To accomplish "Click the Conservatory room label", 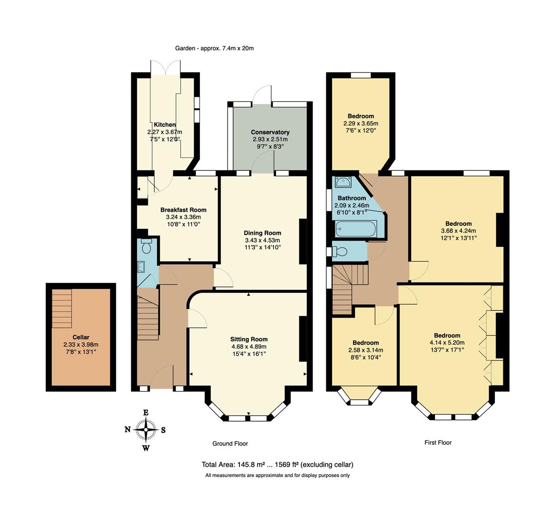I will click(270, 132).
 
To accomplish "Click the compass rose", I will click(146, 430).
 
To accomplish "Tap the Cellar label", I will click(80, 337).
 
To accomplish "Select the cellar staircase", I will click(62, 308).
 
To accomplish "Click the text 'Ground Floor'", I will click(230, 444).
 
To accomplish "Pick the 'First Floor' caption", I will click(437, 443).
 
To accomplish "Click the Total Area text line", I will click(277, 465).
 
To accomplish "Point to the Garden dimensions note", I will click(215, 48).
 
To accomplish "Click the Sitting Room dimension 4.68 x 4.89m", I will click(249, 347).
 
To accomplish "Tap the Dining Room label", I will click(263, 233).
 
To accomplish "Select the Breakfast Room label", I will click(183, 210).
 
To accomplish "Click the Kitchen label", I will click(164, 125).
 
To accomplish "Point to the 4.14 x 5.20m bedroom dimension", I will click(447, 343).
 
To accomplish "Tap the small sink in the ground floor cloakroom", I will click(141, 266).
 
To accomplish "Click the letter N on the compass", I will click(127, 430).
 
